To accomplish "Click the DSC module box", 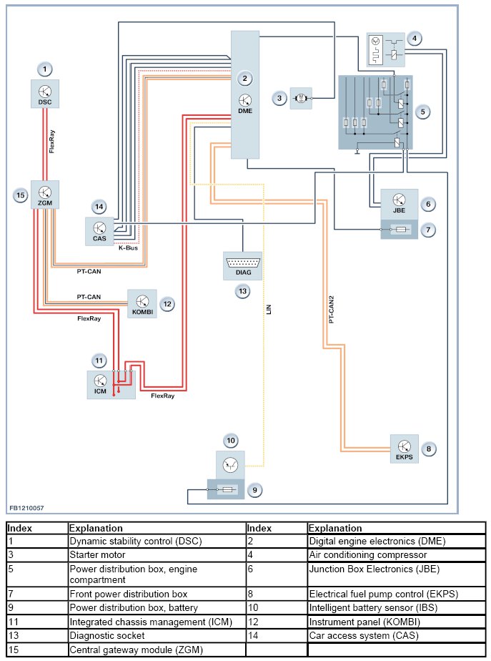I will click(45, 94).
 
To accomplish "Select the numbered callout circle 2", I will click(244, 78).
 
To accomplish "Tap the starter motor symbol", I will click(301, 98).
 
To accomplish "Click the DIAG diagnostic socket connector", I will click(243, 265).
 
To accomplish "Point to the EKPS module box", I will click(405, 449).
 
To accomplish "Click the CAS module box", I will click(99, 230).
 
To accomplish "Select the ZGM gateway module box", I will click(44, 195).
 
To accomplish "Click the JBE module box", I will click(400, 203).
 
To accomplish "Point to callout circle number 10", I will click(230, 440).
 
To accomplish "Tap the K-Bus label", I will click(128, 248).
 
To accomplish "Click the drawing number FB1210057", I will click(26, 507).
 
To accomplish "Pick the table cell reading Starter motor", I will click(97, 554).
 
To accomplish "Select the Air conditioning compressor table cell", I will click(367, 554).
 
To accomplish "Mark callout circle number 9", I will click(255, 490).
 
